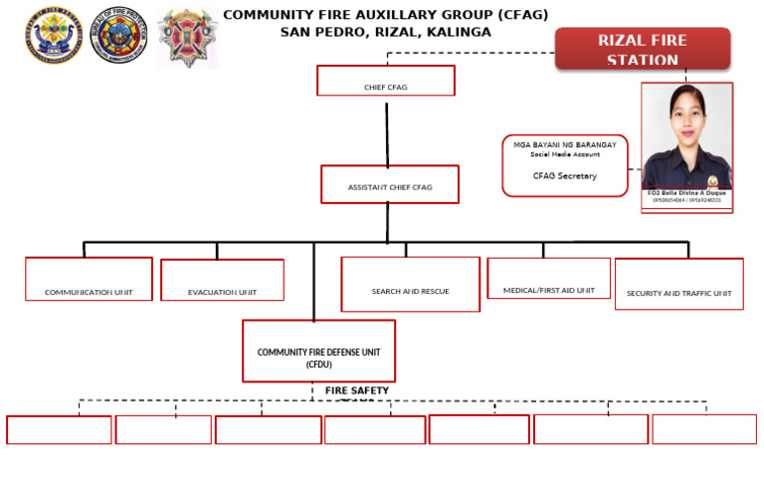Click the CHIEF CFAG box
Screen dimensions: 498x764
385,81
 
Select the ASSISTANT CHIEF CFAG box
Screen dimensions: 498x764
390,184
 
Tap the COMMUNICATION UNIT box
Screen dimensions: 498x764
89,279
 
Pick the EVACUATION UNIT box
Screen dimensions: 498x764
222,280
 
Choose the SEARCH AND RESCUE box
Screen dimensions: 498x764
410,284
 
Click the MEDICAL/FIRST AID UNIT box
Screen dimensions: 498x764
548,279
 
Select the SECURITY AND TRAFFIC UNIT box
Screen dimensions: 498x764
678,284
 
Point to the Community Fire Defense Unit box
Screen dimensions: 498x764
318,351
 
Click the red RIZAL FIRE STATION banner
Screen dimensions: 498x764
642,49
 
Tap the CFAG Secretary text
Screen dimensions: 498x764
564,176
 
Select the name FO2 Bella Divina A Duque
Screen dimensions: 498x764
686,193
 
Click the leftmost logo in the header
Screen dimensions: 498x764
54,37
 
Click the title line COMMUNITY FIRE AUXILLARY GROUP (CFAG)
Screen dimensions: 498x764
385,15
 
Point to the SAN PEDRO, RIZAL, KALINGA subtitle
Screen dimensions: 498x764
385,32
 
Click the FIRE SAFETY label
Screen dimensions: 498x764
356,390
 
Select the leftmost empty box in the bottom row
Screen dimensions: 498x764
59,429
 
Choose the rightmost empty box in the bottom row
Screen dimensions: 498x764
703,429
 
